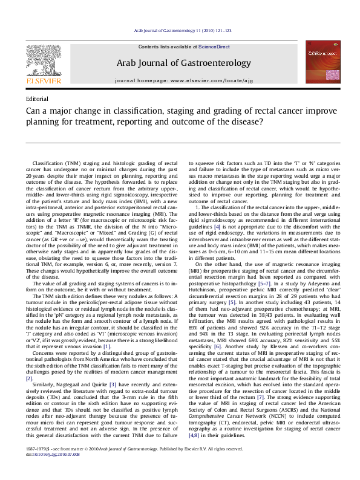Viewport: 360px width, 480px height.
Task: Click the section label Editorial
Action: (38, 98)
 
